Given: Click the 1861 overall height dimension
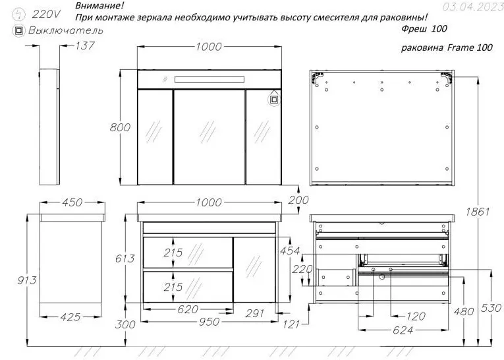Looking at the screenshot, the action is (478, 212).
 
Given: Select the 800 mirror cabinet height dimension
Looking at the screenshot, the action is (120, 127).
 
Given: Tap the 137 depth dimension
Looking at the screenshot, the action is (85, 45).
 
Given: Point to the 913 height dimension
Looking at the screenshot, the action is (27, 280).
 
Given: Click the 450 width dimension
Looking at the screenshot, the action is (72, 202).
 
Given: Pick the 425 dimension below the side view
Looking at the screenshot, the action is (70, 317).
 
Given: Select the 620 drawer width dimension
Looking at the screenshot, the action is (188, 309).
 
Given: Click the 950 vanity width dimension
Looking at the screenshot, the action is (210, 321).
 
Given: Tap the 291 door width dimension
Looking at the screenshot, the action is (254, 313).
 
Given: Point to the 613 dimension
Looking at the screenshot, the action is (125, 258).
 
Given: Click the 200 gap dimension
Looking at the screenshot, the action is (298, 200).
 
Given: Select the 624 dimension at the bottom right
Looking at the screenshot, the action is (403, 330).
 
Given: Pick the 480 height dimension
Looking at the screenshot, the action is (464, 311).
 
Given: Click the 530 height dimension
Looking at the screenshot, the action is (491, 308).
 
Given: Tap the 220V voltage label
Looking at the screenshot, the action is (46, 14).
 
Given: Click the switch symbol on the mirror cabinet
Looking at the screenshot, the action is (274, 100).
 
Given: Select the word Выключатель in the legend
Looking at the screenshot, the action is (66, 30).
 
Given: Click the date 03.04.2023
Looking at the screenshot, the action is (473, 7).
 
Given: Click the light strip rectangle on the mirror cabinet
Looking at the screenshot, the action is (210, 80).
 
